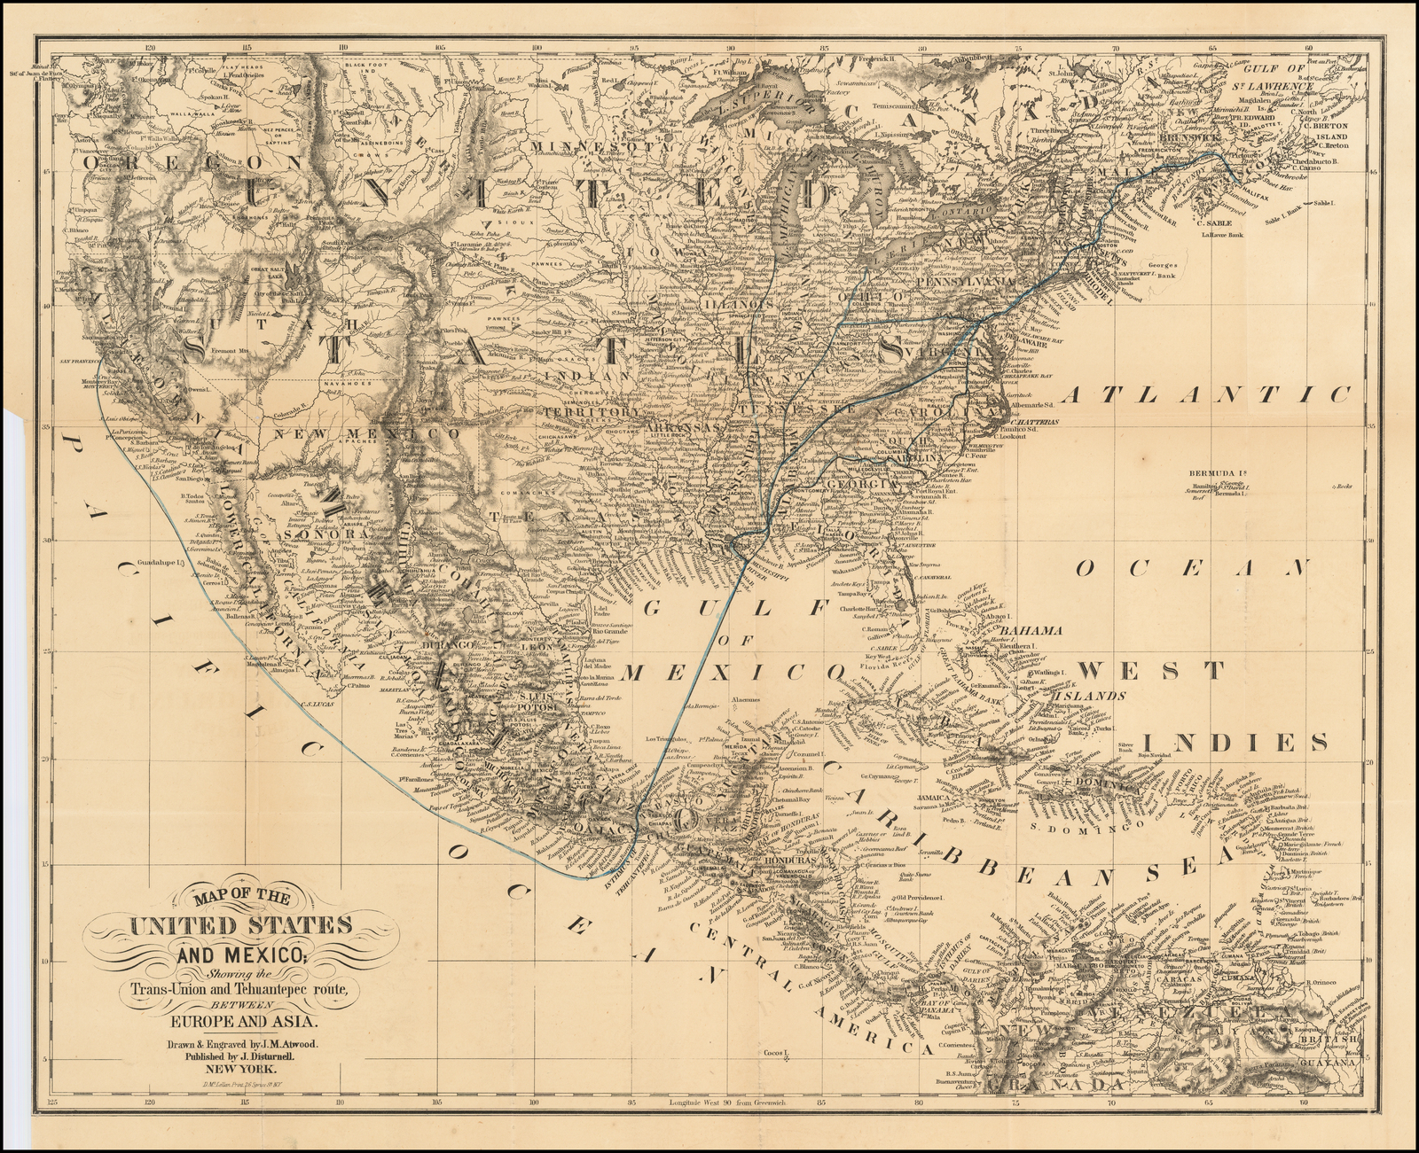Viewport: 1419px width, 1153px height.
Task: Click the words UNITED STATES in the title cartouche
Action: (239, 926)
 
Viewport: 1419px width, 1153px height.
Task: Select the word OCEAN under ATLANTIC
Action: (1193, 567)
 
